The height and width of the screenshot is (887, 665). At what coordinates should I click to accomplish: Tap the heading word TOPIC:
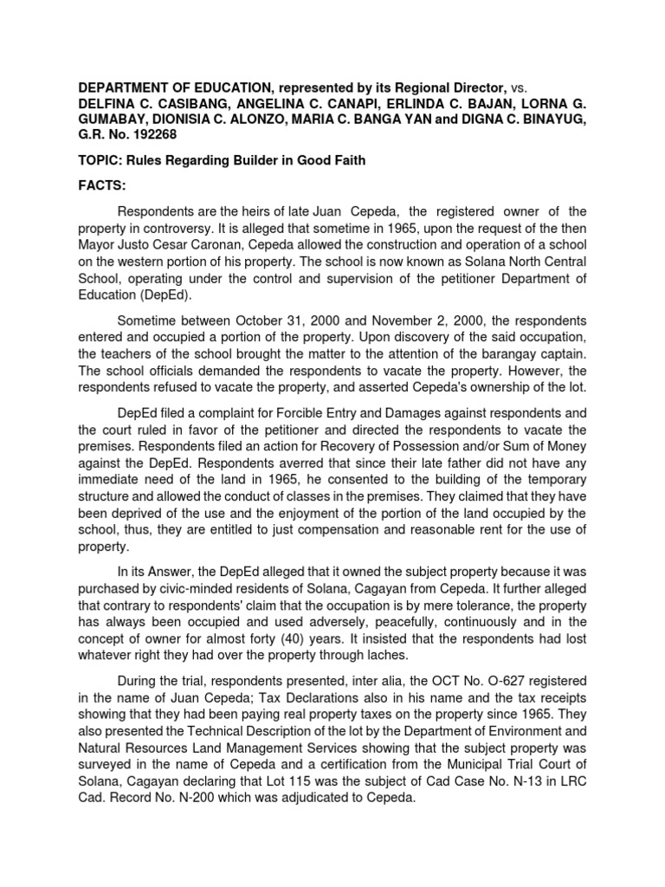(x=103, y=161)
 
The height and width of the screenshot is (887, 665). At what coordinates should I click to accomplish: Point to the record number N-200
(x=216, y=809)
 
